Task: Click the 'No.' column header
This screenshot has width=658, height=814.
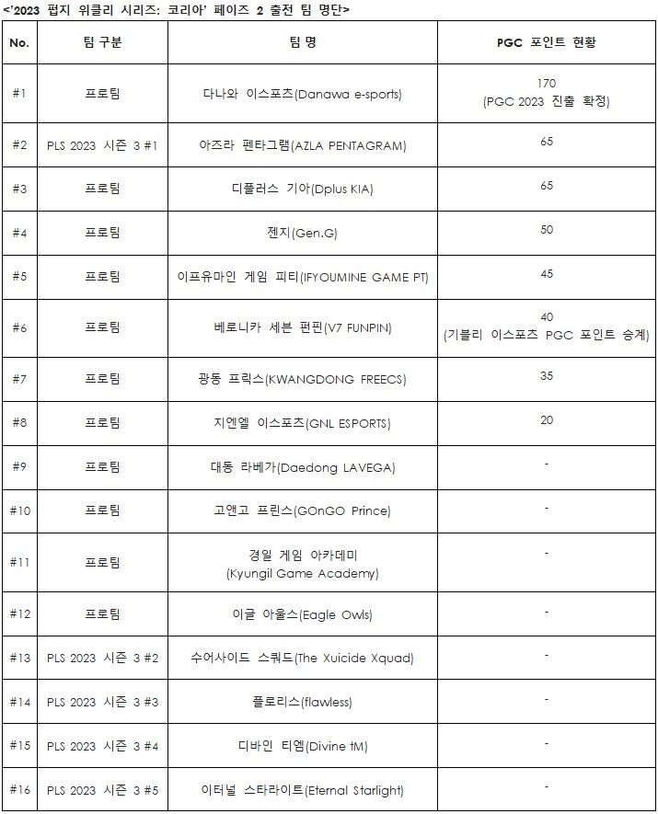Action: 18,43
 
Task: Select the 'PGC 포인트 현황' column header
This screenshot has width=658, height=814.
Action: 547,43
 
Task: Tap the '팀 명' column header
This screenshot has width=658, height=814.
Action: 302,43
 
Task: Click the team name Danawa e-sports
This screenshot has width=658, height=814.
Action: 302,94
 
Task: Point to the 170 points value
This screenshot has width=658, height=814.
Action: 547,84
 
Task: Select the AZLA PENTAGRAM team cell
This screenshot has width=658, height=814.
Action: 302,145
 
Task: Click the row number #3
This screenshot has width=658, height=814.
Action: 20,189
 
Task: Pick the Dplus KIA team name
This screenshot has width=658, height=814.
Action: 302,189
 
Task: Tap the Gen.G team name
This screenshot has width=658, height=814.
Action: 302,234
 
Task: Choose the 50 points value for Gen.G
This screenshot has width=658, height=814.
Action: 547,229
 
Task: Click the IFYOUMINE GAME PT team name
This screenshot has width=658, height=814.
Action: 302,277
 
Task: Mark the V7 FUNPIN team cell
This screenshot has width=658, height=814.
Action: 302,327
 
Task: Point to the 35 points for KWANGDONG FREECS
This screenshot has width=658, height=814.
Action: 547,375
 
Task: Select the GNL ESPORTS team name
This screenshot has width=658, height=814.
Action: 302,423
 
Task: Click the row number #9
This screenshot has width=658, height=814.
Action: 20,466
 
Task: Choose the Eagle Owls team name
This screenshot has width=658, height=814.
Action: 302,613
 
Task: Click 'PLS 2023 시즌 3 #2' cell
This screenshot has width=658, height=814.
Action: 102,658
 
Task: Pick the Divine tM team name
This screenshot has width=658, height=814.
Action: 302,746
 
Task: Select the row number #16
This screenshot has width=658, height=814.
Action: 20,789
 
